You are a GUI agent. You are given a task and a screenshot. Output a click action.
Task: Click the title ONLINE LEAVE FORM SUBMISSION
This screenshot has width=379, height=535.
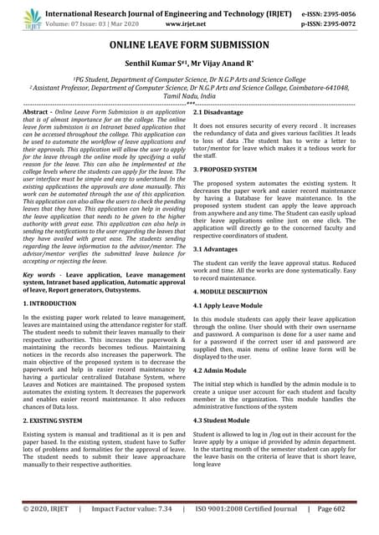pos(189,44)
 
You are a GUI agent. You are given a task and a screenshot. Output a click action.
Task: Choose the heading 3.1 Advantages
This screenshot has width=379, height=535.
pos(220,248)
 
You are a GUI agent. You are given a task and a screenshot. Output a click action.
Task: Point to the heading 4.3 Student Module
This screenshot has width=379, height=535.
pos(228,420)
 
